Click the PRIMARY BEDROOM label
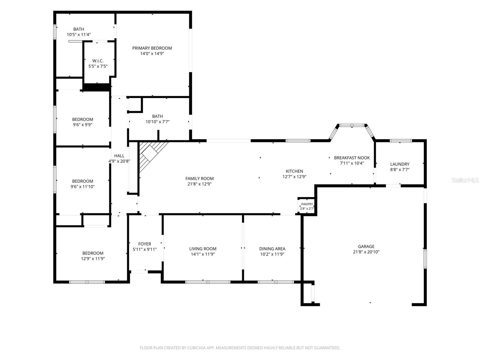pos(152,48)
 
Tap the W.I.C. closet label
pos(98,61)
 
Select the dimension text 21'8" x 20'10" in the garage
pos(366,252)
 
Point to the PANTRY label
pos(307,204)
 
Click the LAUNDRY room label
pos(400,164)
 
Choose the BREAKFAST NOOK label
pos(352,158)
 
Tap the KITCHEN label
pos(294,171)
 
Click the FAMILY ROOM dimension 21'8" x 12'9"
pos(199,184)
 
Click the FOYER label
pos(145,244)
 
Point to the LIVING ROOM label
pos(203,249)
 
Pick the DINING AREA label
pos(272,249)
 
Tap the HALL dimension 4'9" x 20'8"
pos(119,161)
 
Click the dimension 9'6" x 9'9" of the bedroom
pos(82,125)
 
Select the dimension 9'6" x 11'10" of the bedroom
pos(82,187)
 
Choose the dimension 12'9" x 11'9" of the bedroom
pos(93,259)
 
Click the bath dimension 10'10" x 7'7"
pos(157,122)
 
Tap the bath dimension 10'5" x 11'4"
pos(79,34)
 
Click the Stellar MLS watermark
pos(465,180)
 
